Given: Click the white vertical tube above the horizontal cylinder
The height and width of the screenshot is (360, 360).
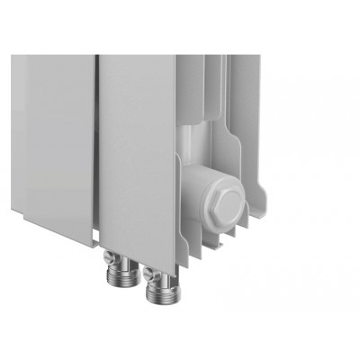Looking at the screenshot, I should click(196, 144).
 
